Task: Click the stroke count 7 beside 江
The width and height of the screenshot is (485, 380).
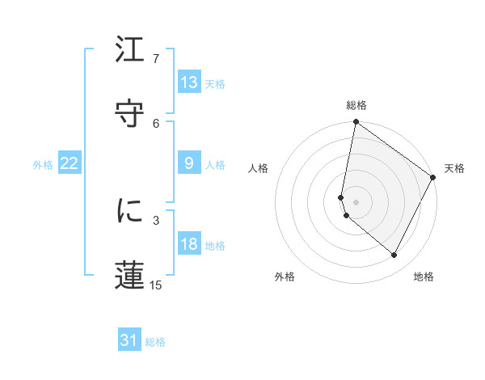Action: click(156, 59)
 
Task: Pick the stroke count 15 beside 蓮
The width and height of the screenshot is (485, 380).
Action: click(156, 285)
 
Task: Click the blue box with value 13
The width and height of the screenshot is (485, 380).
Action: click(189, 82)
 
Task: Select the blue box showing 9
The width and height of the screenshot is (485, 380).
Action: click(189, 163)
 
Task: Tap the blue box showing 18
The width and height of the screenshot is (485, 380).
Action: click(189, 244)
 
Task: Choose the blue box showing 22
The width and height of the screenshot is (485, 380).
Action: click(70, 163)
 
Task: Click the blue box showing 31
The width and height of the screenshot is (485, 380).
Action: click(129, 341)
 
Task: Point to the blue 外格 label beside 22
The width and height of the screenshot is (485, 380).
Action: click(43, 165)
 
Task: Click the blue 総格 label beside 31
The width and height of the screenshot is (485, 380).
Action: click(155, 343)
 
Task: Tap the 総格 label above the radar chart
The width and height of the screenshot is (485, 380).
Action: click(356, 105)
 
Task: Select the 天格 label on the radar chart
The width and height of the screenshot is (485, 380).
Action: click(454, 168)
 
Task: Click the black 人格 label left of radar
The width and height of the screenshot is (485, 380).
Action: click(258, 168)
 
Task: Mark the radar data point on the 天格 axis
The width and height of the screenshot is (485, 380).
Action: click(433, 178)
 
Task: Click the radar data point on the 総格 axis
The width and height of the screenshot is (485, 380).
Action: click(356, 123)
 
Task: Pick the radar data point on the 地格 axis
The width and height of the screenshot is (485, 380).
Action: click(394, 255)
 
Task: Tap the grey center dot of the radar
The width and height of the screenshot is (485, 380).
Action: click(356, 202)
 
